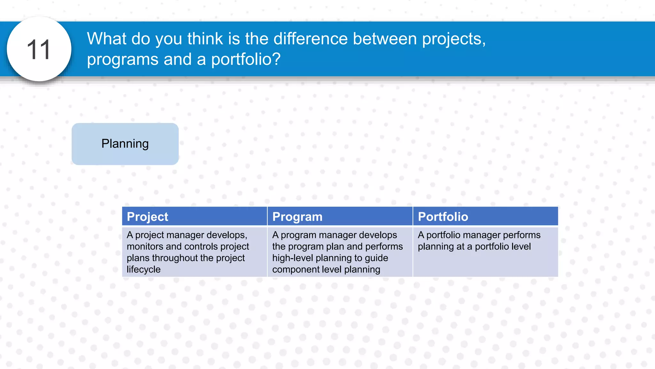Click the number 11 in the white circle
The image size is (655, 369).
click(x=39, y=50)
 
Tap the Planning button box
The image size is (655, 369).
click(x=125, y=144)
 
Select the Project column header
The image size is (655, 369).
click(x=147, y=217)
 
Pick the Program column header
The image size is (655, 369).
click(x=297, y=217)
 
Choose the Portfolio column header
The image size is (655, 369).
click(x=443, y=217)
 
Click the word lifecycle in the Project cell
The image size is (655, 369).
click(x=144, y=269)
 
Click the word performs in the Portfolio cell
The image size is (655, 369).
click(x=521, y=235)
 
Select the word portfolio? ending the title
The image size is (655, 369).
click(x=246, y=59)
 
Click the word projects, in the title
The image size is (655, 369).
click(x=454, y=39)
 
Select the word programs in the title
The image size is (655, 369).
click(x=123, y=59)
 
